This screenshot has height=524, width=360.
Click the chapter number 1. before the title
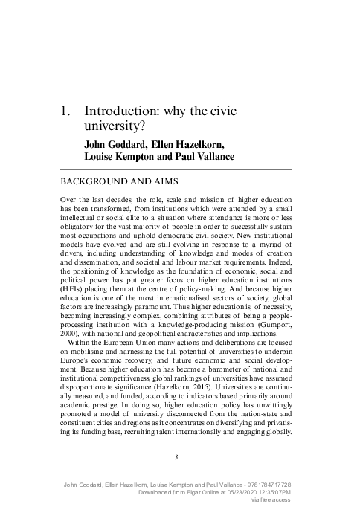tap(65, 111)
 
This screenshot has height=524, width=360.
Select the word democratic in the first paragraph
tap(165, 241)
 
